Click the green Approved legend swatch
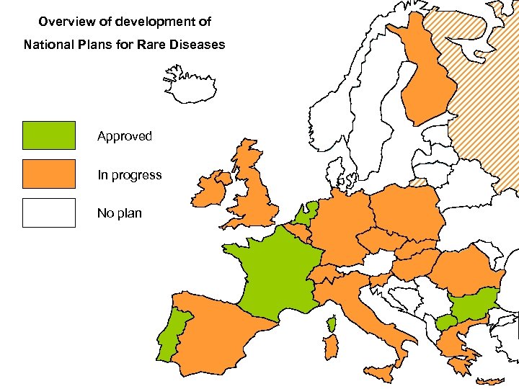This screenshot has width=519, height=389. pos(48,135)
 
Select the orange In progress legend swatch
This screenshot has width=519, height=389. pos(48,174)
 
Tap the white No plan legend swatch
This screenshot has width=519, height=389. pos(48,213)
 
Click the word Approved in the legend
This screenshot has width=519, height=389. pos(125,136)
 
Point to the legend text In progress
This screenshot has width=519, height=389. pos(130,175)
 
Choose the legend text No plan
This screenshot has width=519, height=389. pos(120,214)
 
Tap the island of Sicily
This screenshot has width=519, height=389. pos(382,374)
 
